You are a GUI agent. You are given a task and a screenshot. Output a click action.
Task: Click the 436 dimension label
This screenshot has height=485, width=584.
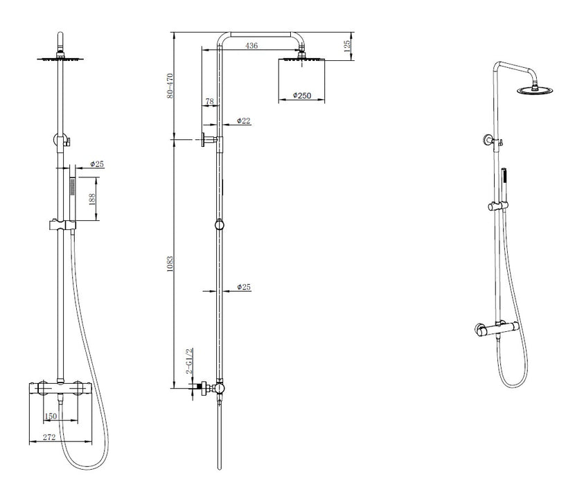pyautogui.click(x=251, y=46)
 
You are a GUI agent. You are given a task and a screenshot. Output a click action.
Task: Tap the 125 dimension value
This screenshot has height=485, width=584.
pyautogui.click(x=347, y=46)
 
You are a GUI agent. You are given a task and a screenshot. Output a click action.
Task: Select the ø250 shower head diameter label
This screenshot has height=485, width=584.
pyautogui.click(x=301, y=96)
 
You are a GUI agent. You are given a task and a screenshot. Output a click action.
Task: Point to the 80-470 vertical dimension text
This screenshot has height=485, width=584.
pyautogui.click(x=170, y=86)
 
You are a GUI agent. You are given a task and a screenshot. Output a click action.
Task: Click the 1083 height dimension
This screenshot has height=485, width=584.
pyautogui.click(x=170, y=264)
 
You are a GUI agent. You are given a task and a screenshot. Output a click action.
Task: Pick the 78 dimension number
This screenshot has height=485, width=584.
pyautogui.click(x=210, y=101)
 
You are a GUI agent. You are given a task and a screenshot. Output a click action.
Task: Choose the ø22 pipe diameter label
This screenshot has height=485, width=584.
pyautogui.click(x=244, y=121)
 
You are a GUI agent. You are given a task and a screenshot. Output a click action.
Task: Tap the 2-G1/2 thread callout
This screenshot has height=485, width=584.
pyautogui.click(x=189, y=361)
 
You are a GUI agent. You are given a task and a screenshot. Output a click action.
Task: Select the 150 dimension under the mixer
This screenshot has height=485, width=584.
pyautogui.click(x=51, y=416)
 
